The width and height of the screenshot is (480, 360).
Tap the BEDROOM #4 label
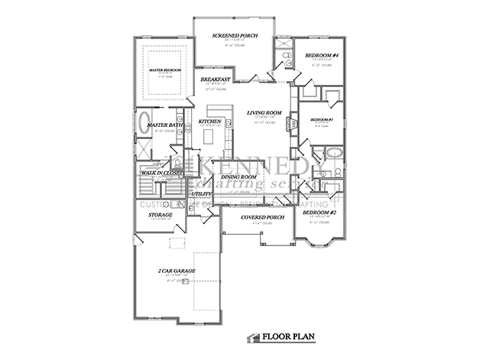321,56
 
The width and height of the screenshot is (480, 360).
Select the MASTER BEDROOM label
164,70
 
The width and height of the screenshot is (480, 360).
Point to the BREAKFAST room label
215,79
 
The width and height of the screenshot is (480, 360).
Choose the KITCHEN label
209,121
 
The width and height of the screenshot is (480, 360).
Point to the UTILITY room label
201,194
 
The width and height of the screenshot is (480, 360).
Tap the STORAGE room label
160,215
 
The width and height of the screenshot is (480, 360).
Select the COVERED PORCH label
262,217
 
